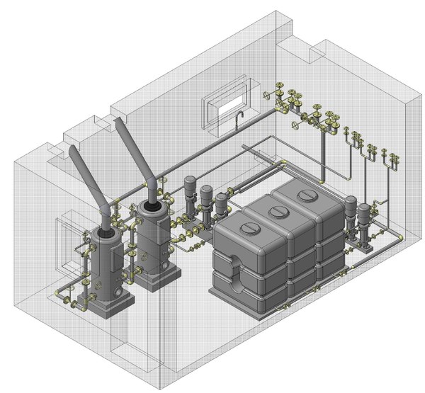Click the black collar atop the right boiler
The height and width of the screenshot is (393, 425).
click(x=151, y=207)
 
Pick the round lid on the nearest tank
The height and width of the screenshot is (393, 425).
click(x=250, y=229)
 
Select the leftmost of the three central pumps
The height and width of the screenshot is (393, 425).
click(x=189, y=195)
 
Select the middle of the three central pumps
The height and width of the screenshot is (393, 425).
click(x=206, y=202)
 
